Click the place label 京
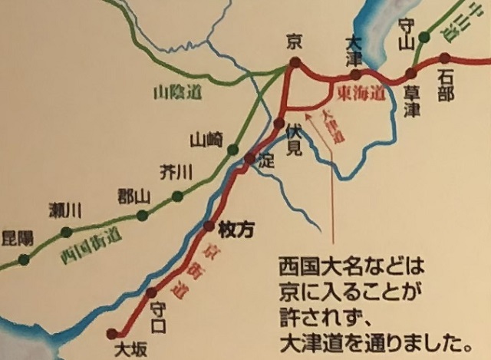[292, 41]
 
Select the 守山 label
[408, 31]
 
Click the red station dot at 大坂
[113, 333]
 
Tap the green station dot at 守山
[423, 36]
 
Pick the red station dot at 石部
[446, 58]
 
